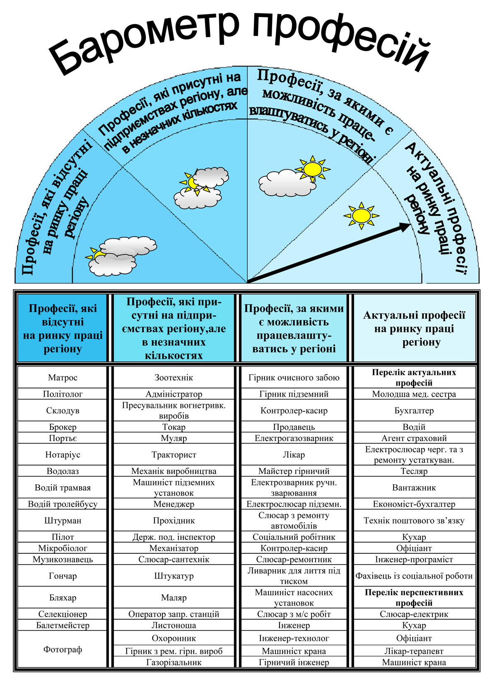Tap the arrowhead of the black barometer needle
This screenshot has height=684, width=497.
click(404, 227)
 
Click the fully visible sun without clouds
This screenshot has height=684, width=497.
click(362, 215)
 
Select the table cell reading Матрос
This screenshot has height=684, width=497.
click(63, 377)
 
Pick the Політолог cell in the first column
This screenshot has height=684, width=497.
click(63, 394)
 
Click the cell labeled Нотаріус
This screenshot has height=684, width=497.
click(63, 454)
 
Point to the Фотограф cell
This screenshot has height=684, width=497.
click(63, 649)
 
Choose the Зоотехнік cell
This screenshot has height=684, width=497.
click(174, 377)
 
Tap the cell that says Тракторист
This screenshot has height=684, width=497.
click(174, 454)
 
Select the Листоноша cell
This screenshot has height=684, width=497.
click(174, 625)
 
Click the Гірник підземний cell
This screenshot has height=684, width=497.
click(294, 394)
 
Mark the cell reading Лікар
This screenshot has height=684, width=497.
click(294, 454)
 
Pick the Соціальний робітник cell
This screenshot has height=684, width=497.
click(294, 537)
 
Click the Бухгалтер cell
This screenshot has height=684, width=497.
click(414, 410)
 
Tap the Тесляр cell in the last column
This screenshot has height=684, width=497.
click(414, 471)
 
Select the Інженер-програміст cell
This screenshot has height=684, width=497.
click(414, 559)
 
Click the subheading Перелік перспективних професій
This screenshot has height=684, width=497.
click(414, 597)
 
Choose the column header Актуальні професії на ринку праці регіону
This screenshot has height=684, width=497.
click(414, 328)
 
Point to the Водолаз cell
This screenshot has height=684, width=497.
click(63, 471)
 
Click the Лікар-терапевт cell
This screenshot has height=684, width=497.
click(414, 651)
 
